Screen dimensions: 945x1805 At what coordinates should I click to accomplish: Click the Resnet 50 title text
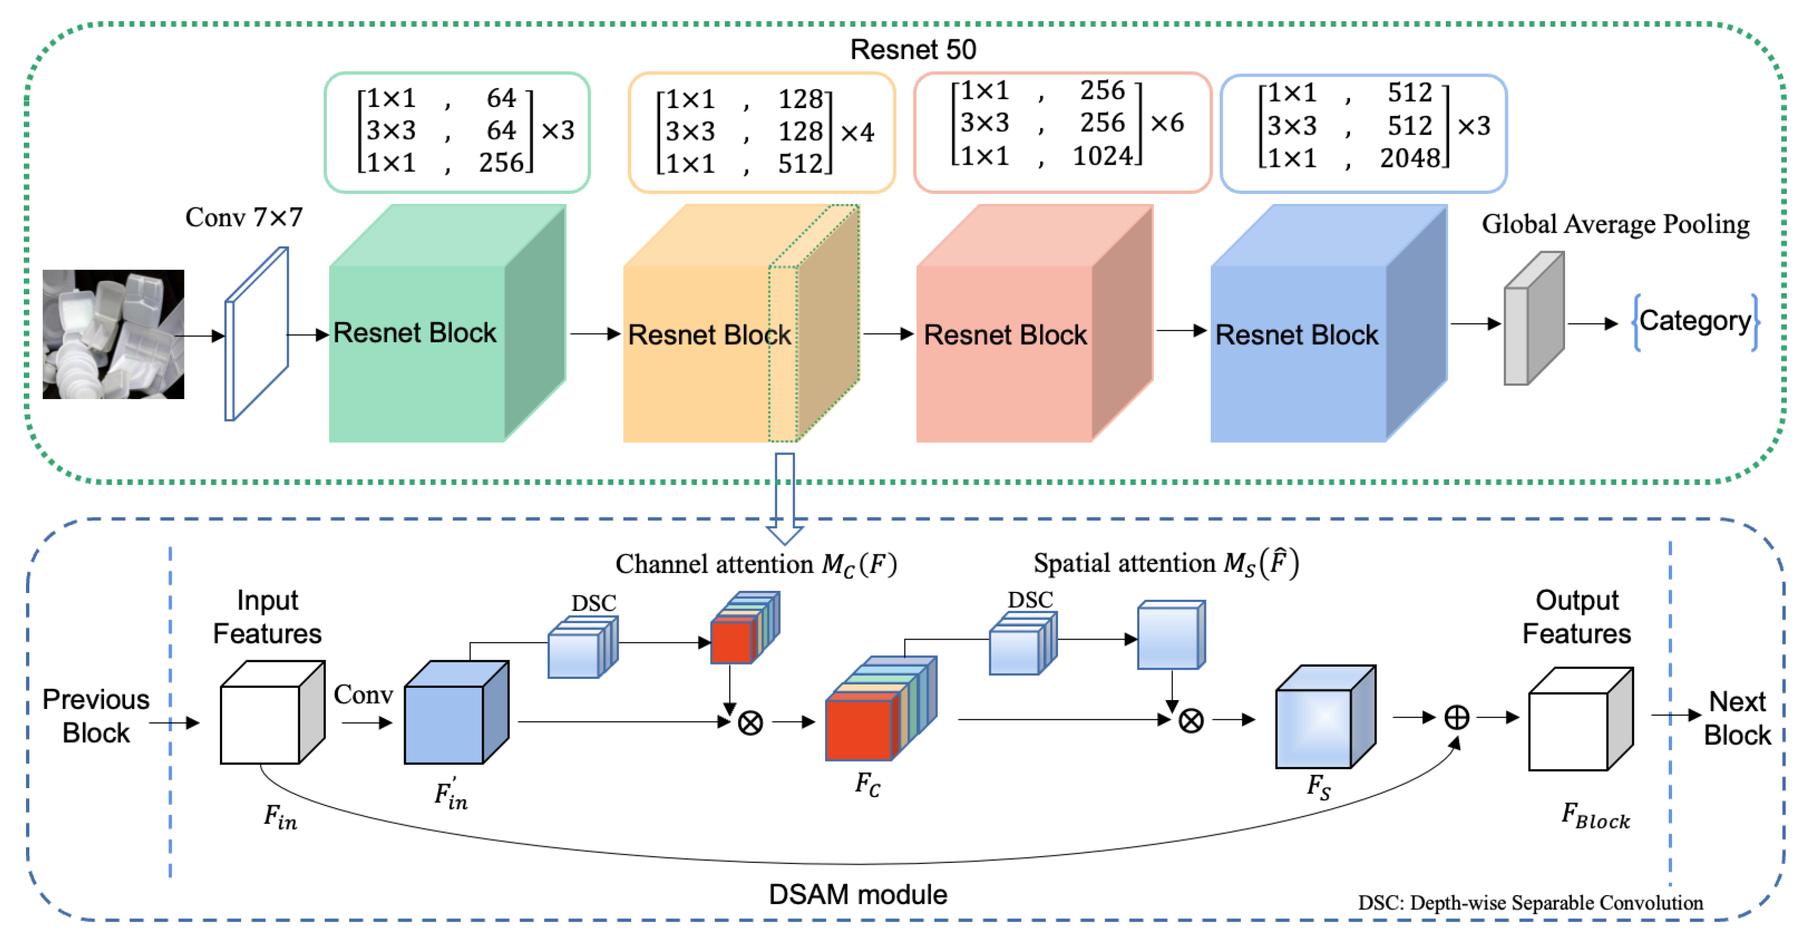tap(912, 50)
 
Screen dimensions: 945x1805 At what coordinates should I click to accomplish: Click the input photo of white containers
tap(114, 334)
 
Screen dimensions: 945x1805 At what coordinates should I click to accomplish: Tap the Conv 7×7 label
tap(244, 218)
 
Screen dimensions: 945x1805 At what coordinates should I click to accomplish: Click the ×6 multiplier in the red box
tap(1167, 123)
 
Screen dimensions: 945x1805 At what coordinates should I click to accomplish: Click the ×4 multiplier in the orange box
tap(857, 132)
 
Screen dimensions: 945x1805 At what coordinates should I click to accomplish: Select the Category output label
tap(1695, 321)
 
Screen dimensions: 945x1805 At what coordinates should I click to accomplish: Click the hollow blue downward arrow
tap(785, 497)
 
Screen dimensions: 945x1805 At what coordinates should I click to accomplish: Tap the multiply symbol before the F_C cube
tap(750, 722)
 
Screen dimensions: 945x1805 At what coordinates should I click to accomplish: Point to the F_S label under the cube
tap(1318, 786)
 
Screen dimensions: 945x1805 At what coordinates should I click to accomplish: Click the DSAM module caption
tap(858, 895)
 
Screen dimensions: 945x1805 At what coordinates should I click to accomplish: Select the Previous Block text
tap(96, 716)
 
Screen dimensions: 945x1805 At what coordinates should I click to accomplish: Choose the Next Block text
tap(1736, 718)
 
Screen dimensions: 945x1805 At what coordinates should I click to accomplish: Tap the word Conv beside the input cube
tap(363, 694)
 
